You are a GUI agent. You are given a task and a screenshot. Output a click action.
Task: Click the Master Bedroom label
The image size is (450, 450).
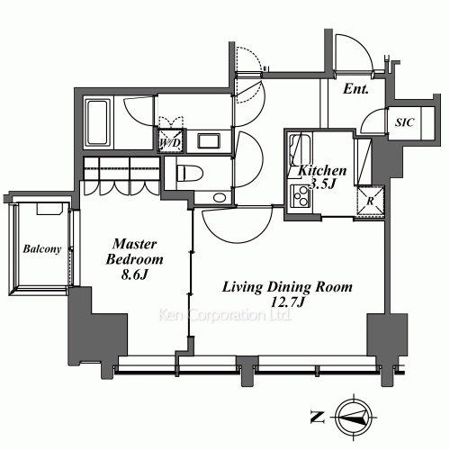pos(134,252)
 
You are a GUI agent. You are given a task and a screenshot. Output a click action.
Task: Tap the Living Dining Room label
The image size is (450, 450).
pos(287,287)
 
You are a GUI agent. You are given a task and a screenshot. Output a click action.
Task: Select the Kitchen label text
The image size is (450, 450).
pos(322,171)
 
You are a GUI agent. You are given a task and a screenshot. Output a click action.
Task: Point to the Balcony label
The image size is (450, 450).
pos(42,249)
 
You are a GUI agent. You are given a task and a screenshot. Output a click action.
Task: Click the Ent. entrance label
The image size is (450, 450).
pos(355,89)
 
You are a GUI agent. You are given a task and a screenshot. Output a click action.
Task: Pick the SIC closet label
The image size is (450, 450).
pos(404,122)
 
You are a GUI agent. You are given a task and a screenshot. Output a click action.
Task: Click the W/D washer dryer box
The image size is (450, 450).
pos(170,141)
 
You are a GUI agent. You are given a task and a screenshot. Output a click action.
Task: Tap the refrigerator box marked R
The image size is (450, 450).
pos(370,201)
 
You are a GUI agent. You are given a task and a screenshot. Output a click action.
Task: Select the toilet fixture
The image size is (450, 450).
pos(190,173)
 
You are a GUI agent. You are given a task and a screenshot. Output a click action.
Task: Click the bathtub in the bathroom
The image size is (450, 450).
pos(96,121)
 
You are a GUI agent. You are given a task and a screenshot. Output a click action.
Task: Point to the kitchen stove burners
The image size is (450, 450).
pos(301,195)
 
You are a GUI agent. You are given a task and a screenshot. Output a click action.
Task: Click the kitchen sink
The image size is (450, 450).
pos(300,149)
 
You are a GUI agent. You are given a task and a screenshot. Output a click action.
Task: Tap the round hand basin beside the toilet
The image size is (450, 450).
pos(220,198)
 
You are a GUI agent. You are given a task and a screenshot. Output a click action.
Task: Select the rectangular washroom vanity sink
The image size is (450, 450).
pos(209,140)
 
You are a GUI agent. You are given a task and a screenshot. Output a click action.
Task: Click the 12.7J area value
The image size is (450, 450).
pos(287,302)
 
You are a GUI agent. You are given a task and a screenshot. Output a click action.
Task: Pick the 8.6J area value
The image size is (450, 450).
pos(135,274)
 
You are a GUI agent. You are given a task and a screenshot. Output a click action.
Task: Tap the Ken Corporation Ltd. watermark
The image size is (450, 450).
pos(225,315)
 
